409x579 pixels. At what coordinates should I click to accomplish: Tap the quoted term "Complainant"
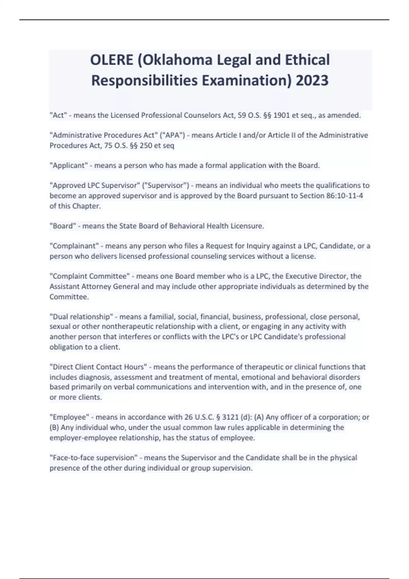click(74, 246)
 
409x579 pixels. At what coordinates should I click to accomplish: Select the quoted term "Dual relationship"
click(81, 317)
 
